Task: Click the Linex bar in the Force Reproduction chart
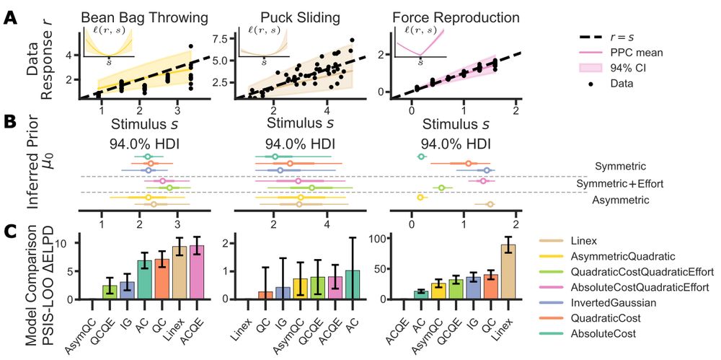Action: click(508, 272)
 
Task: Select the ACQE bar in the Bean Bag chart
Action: click(196, 272)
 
